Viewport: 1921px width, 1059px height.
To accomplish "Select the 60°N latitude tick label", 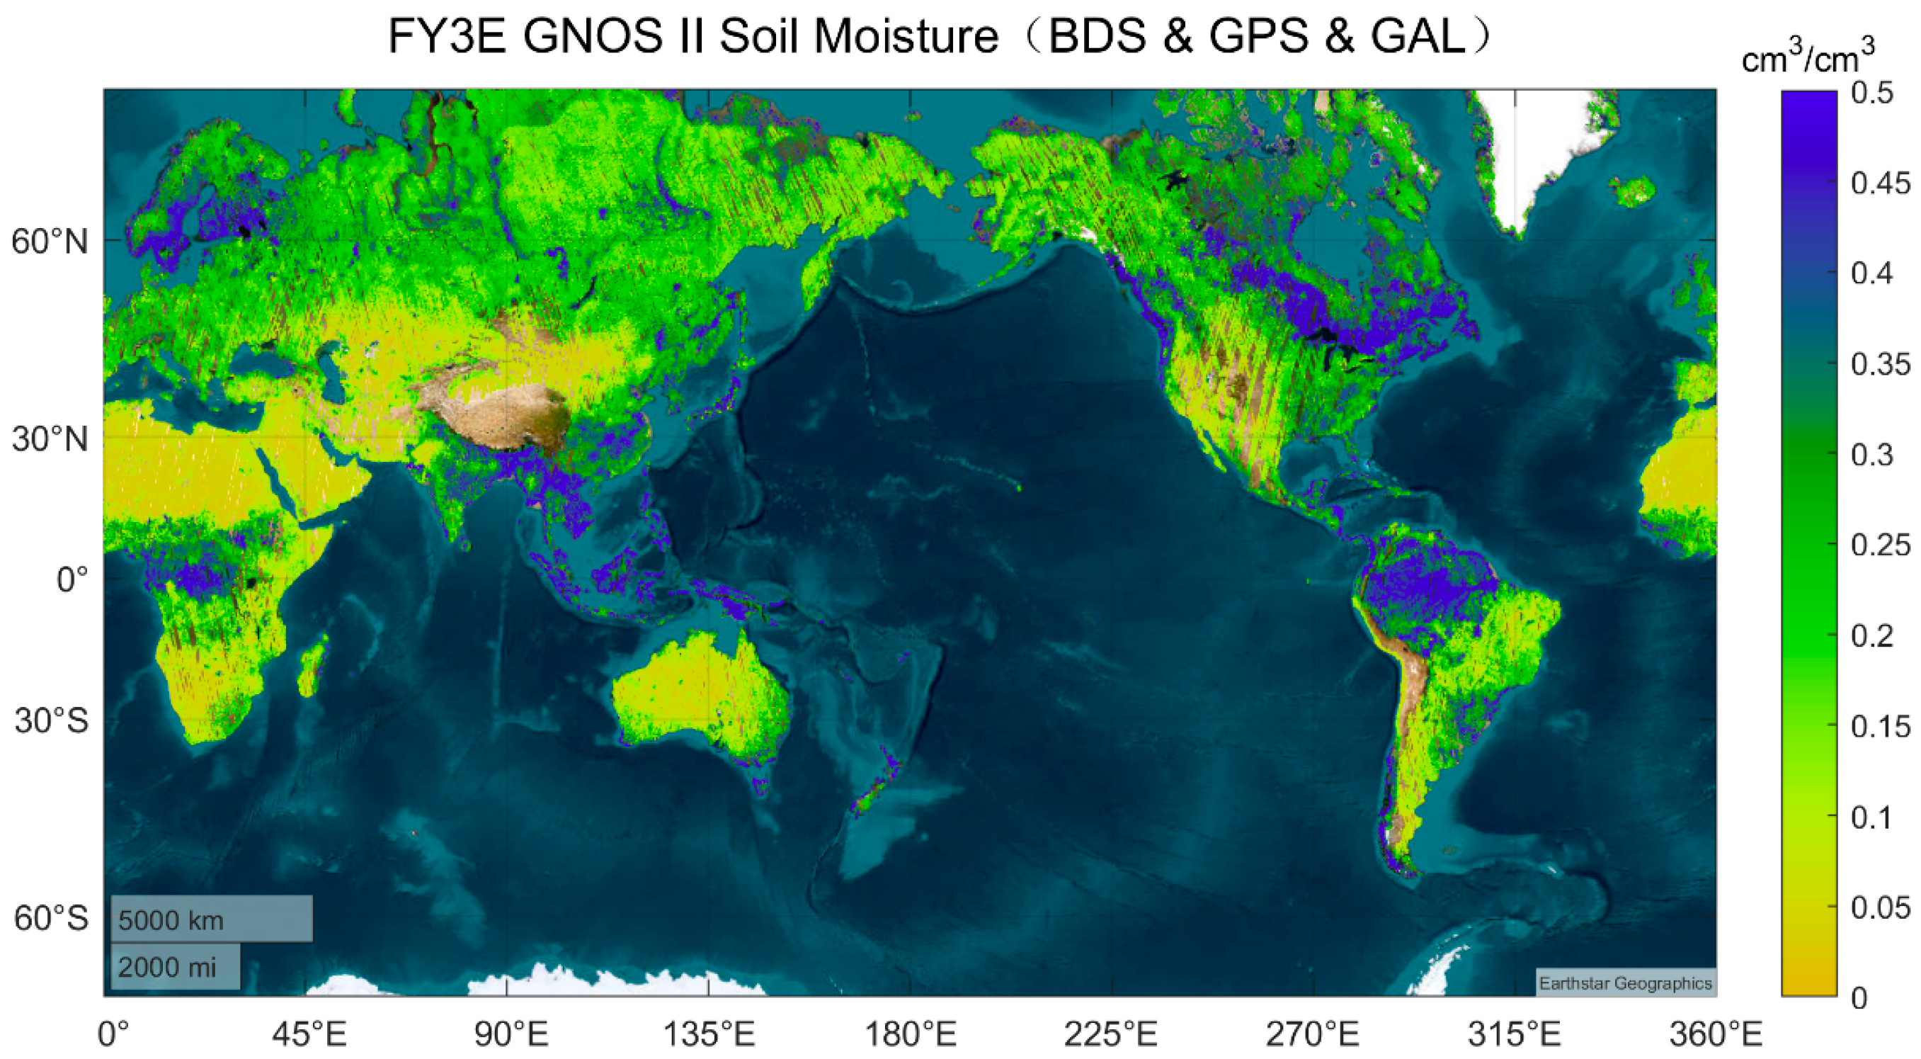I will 50,242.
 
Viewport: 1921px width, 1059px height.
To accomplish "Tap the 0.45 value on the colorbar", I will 1881,183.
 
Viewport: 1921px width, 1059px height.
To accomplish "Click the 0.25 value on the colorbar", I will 1881,545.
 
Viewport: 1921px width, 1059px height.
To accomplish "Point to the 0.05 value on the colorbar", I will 1881,907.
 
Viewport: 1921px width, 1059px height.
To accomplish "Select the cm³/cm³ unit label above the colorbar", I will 1808,57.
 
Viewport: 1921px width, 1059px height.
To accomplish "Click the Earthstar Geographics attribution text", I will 1625,984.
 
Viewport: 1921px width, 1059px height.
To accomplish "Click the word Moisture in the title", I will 906,36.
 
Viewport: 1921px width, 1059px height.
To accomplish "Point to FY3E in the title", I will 447,36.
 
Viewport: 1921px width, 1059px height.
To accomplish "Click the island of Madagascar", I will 312,666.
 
